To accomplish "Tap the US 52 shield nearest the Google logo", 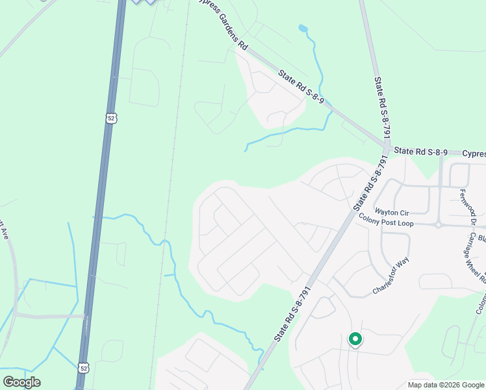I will pos(84,368).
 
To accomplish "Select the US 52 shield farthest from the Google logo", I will pos(111,118).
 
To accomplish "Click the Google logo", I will pos(21,382).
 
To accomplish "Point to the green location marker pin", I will pos(355,339).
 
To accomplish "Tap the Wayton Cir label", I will pos(392,213).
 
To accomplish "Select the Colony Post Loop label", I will pos(404,223).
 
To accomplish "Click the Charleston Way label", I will pos(391,276).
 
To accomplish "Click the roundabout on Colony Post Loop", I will pos(439,225).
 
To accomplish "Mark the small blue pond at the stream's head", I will pos(303,29).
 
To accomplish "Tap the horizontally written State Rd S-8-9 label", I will pos(421,151).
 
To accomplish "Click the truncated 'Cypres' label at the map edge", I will pos(474,154).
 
